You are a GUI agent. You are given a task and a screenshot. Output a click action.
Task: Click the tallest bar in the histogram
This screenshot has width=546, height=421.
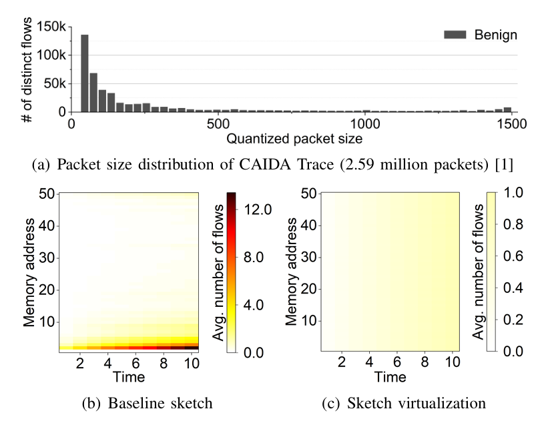click(x=85, y=73)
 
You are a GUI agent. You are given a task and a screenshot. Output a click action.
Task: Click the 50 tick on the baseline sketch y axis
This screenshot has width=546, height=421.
click(x=48, y=193)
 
